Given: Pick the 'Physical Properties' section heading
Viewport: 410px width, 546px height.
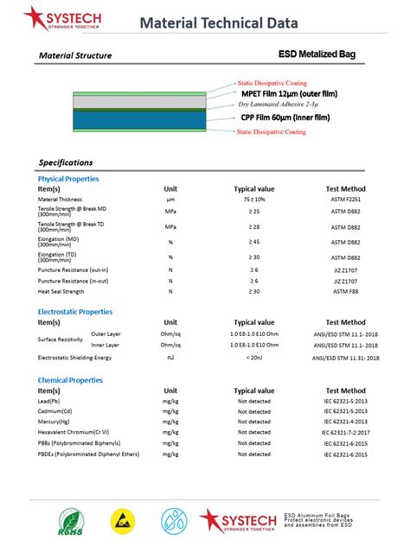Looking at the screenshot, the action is click(x=67, y=179).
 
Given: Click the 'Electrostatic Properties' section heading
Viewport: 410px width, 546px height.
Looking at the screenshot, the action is click(x=74, y=312).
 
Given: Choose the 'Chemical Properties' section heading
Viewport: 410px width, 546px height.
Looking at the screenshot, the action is click(x=70, y=380).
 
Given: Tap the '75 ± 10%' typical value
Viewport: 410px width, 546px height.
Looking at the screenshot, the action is click(x=253, y=200).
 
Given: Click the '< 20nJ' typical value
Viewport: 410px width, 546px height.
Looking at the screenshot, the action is click(x=253, y=357).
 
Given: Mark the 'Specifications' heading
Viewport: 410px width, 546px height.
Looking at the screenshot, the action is click(x=66, y=162).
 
